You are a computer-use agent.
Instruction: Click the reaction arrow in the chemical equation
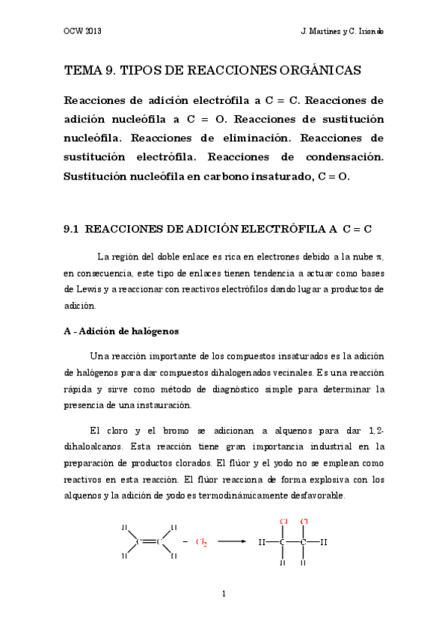(x=231, y=541)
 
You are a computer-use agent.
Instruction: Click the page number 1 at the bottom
(x=224, y=595)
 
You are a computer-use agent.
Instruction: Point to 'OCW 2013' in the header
(x=83, y=34)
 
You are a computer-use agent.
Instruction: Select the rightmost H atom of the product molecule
(x=323, y=541)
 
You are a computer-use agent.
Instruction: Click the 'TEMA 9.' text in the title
(x=90, y=70)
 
